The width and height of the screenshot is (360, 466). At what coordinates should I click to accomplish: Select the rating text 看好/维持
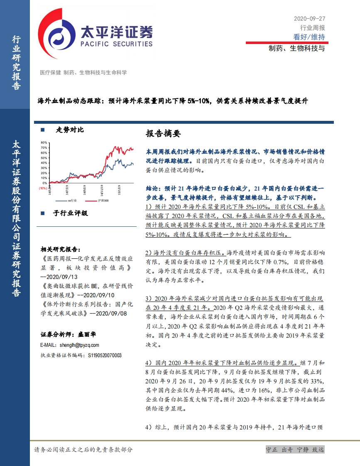click(x=309, y=37)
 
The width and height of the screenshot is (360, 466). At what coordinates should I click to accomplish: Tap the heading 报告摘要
click(x=164, y=134)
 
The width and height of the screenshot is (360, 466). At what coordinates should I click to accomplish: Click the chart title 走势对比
click(x=70, y=130)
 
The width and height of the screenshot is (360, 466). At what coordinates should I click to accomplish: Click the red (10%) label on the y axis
click(x=43, y=188)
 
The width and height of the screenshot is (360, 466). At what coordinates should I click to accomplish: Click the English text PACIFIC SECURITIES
click(x=116, y=44)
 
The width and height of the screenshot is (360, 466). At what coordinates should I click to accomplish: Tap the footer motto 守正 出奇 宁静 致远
click(x=294, y=450)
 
